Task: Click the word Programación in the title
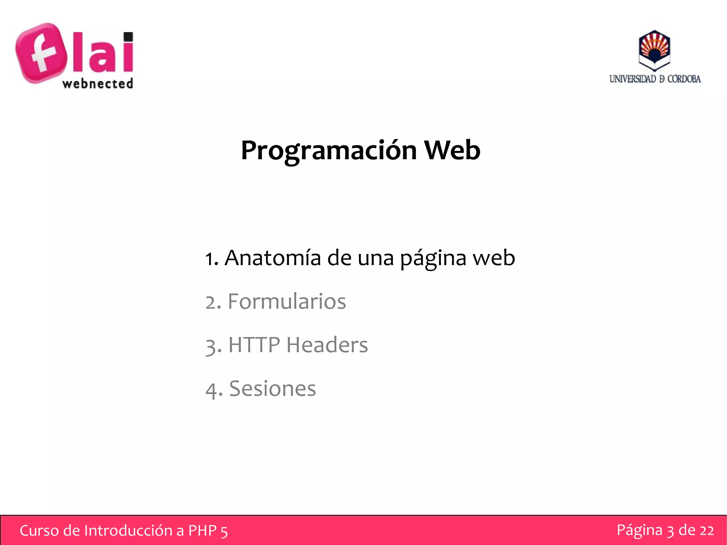coord(329,151)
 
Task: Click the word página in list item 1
coord(433,258)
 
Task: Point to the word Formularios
coord(286,301)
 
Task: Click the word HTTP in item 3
coord(254,345)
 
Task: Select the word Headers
coord(327,345)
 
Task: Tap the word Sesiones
coord(272,388)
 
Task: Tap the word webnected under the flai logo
coord(98,84)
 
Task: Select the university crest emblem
coord(654,50)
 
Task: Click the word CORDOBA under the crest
coord(684,79)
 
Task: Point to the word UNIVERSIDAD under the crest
coord(633,79)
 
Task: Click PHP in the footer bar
coord(202,530)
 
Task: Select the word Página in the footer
coord(639,530)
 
